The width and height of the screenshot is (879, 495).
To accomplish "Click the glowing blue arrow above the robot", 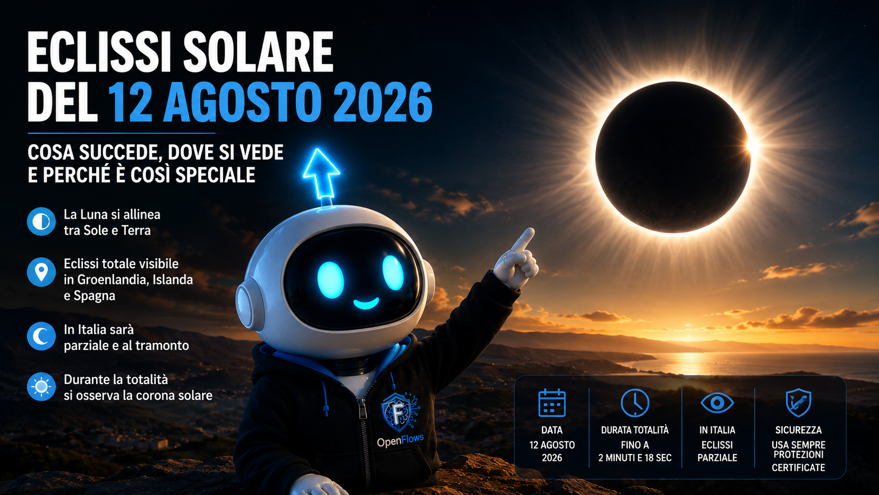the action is pos(321,175).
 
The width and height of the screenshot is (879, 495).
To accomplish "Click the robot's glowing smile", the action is pos(366,304).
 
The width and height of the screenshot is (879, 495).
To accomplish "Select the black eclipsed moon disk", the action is pos(672,157).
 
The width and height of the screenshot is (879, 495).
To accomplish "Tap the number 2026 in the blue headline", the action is pos(383,103).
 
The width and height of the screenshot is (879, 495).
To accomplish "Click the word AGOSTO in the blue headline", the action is pos(242,103).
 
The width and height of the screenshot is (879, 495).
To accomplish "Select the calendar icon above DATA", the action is pos(551,403).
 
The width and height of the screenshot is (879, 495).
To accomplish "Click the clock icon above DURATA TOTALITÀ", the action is pos(635,403).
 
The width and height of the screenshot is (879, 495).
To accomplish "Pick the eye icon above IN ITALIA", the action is pos(717,403).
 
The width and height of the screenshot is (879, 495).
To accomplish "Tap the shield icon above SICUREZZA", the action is pos(798,403).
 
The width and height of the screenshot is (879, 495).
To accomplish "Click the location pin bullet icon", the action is pos(41,271).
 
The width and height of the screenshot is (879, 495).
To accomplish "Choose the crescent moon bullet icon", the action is pos(41,337).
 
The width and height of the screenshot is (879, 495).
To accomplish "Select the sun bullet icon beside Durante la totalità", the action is pos(41,387).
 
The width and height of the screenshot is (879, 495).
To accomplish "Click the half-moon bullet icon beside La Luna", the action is pos(41,221).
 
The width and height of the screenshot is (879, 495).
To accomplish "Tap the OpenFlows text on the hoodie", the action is pos(400,440).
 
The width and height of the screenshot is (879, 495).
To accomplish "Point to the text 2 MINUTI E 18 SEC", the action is pos(635,458).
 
